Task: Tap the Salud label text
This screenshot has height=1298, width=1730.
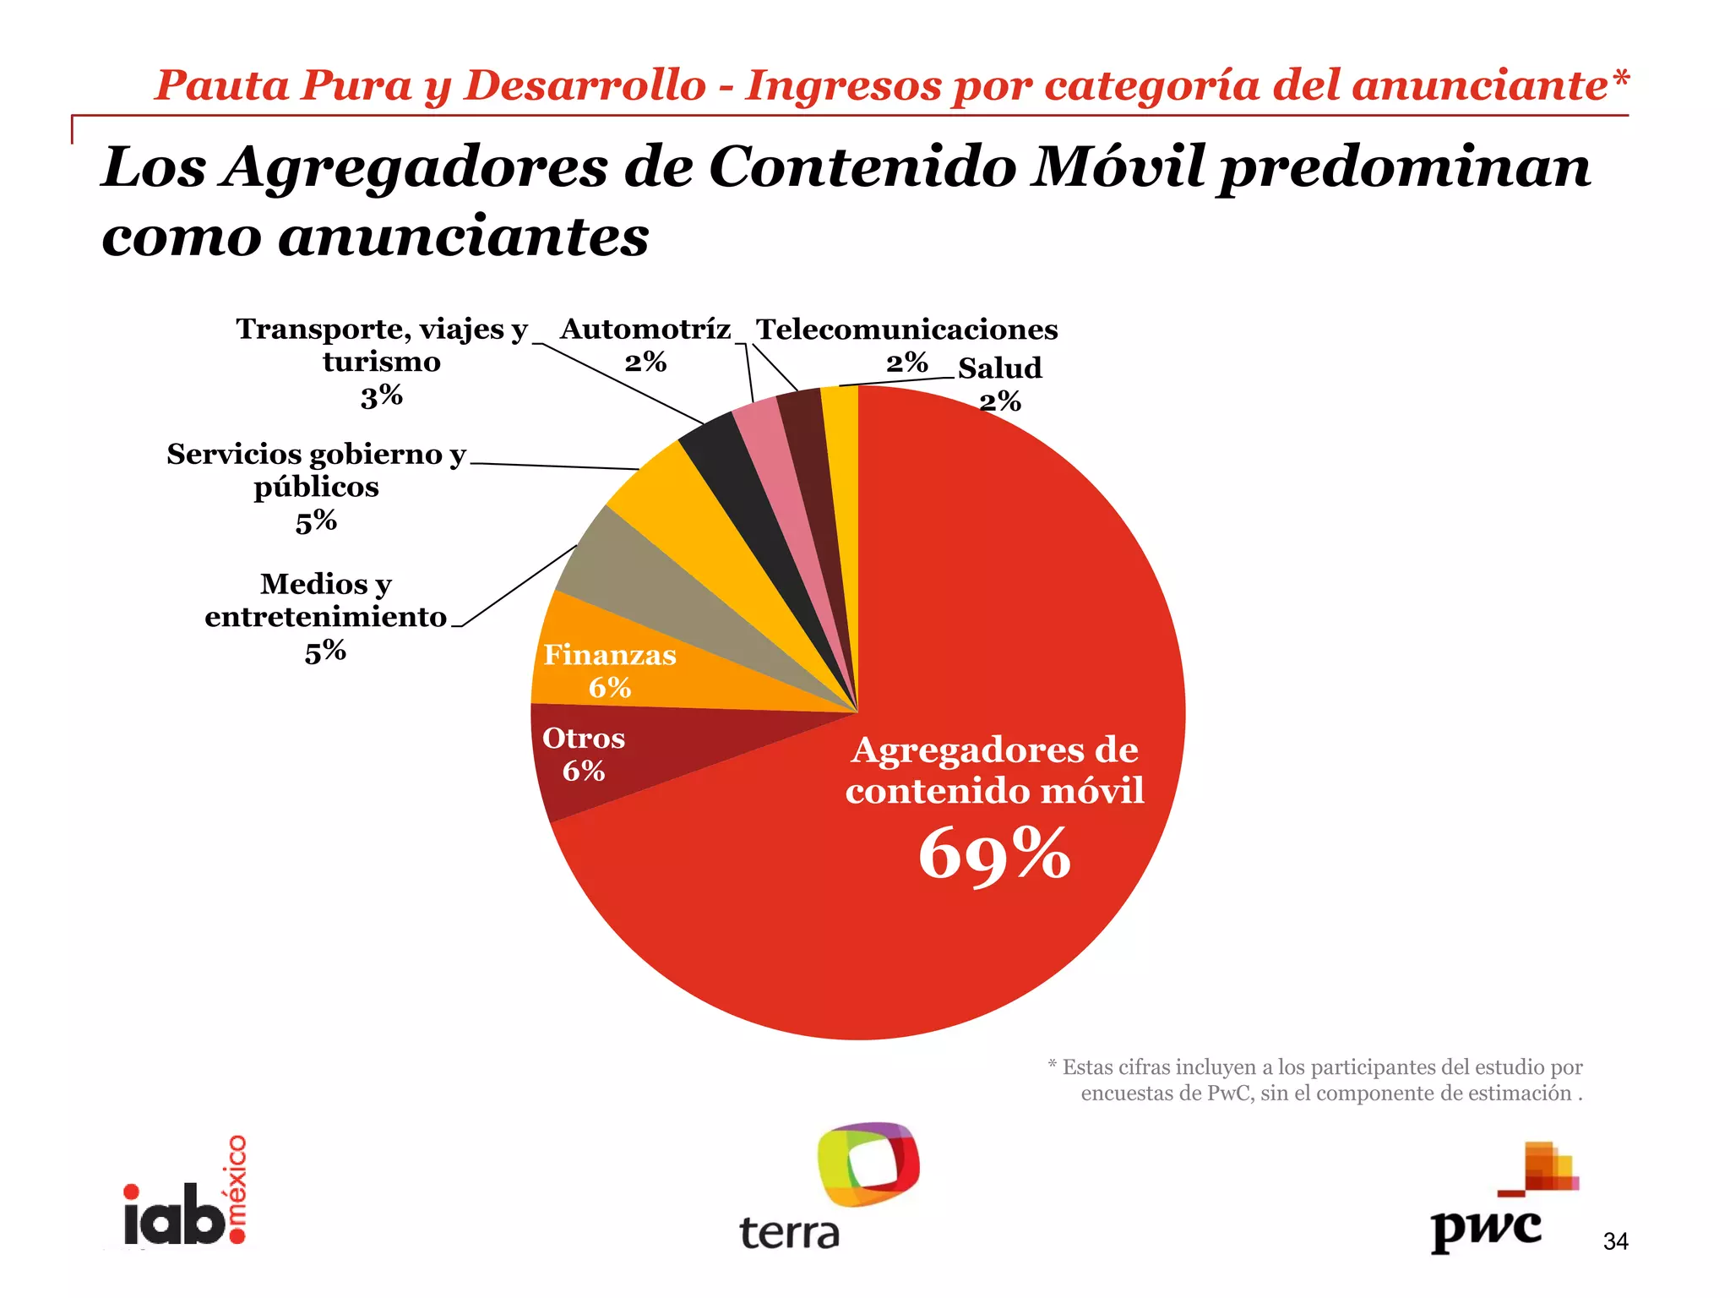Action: pos(999,368)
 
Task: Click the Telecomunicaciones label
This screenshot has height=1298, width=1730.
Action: pos(906,330)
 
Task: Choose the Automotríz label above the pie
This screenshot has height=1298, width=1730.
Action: pos(645,330)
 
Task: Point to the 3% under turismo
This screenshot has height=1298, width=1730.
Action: pos(381,396)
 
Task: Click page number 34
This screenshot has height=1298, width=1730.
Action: pos(1615,1241)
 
